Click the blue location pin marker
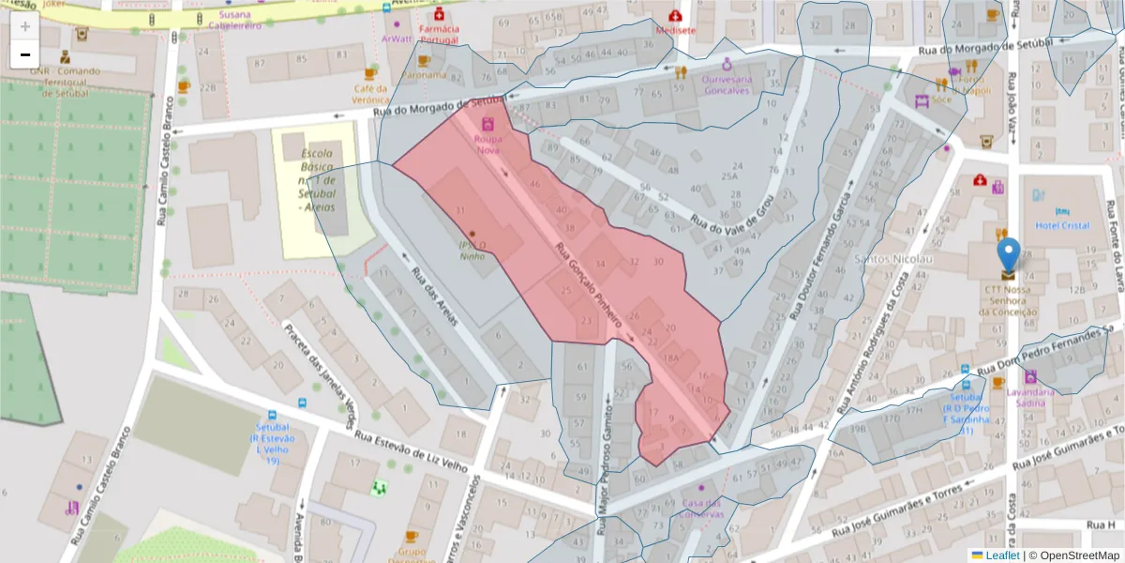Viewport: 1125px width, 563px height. (1008, 254)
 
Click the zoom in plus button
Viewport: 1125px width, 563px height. (25, 26)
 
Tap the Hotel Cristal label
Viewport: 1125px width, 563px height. (1061, 226)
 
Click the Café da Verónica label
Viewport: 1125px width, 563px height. (370, 93)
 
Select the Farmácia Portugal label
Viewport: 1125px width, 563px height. (439, 35)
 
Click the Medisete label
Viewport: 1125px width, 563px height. (676, 29)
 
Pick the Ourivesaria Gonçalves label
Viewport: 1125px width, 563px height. (726, 84)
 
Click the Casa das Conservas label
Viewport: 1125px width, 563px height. (703, 508)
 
